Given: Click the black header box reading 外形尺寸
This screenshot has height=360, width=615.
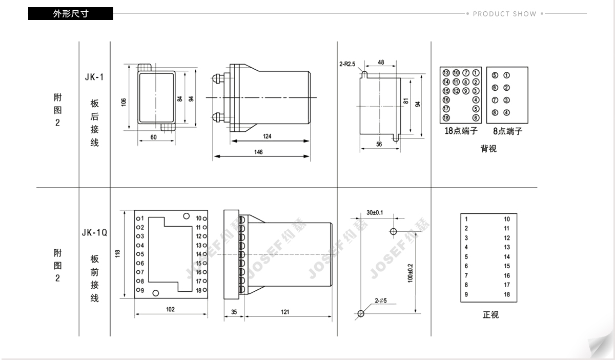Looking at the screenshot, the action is click(71, 13).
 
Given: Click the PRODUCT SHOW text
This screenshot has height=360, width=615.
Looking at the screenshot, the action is click(505, 14).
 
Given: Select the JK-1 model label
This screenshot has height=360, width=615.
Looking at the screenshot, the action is click(94, 77).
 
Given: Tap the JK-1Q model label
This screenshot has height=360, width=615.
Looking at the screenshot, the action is click(94, 233).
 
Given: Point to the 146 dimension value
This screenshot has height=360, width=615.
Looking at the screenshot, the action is click(258, 152).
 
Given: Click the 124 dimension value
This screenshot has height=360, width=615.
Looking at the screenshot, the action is click(267, 136).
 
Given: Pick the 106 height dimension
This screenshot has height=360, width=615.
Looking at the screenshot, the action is click(124, 102).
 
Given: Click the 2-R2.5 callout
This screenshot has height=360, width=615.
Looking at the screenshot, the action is click(347, 64).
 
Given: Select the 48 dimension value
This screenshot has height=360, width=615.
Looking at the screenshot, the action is click(381, 63).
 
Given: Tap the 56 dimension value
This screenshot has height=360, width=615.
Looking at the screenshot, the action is click(379, 144).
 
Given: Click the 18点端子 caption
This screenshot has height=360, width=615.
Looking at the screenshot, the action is click(461, 131).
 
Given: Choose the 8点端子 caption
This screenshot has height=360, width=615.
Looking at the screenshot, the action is click(507, 131).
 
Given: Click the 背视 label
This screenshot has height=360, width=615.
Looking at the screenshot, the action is click(488, 149).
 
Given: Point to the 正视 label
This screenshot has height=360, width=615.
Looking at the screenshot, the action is click(490, 315).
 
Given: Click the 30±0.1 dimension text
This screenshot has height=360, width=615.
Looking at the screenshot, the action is click(375, 212).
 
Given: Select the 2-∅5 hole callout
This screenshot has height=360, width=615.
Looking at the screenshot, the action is click(381, 301).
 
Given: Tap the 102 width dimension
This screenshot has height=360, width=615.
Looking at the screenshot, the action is click(170, 309).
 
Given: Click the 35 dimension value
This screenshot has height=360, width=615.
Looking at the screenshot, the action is click(234, 312).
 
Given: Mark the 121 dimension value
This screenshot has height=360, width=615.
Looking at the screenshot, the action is click(285, 312).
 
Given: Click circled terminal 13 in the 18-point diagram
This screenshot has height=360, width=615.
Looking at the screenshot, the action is click(446, 73).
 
